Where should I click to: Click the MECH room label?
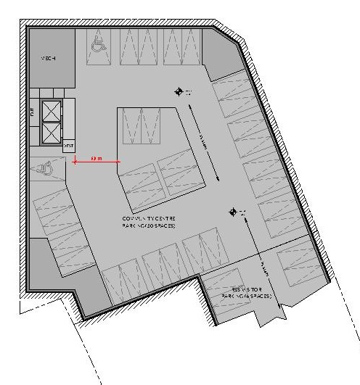(49, 58)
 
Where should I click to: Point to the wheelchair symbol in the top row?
(97, 46)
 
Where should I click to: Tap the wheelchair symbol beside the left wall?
(46, 168)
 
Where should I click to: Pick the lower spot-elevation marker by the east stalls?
(233, 212)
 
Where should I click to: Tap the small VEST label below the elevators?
(69, 146)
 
